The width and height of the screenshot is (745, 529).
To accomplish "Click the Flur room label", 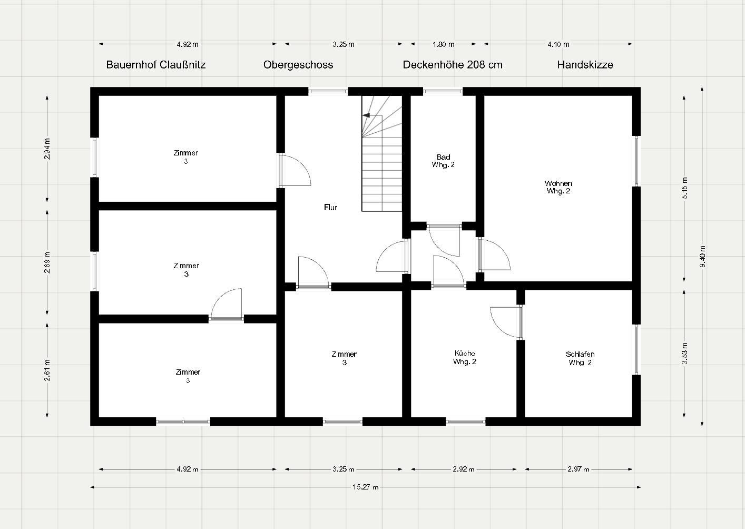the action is [330, 208].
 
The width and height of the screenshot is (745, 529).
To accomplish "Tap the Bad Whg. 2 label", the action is [443, 161].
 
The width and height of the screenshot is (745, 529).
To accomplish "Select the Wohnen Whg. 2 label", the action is [558, 187].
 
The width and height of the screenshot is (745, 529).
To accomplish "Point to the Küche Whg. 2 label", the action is [465, 357].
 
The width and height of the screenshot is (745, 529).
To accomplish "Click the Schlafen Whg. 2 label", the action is [580, 358].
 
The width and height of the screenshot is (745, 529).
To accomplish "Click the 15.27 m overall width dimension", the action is [366, 487].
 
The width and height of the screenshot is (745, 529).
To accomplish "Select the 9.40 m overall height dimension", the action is [702, 256].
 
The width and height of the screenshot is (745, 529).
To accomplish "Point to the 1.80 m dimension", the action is [443, 44].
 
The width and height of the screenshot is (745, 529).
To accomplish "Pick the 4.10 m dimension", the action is [558, 44].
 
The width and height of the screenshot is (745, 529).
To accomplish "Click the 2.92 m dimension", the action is [464, 469].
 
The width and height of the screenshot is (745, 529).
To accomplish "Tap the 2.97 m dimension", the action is [579, 469].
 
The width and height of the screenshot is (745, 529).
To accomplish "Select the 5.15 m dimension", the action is [684, 188].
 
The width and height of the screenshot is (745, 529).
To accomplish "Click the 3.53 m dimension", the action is [684, 354].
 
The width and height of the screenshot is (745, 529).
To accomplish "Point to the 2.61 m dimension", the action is [47, 370].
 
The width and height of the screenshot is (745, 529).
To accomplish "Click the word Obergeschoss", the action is [298, 65].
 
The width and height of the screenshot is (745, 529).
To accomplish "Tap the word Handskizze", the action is [585, 65].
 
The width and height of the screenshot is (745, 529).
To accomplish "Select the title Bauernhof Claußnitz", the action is [155, 65].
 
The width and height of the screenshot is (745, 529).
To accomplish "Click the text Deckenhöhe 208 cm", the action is [453, 65].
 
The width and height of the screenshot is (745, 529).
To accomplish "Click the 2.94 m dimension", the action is [47, 149].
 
